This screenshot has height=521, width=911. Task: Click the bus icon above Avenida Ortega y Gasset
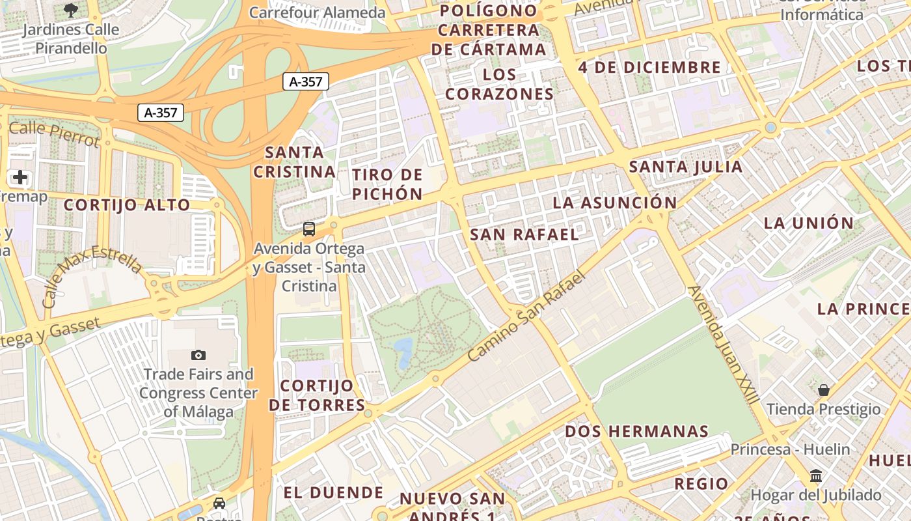pos(309,229)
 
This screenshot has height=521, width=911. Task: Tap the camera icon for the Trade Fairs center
pos(198,355)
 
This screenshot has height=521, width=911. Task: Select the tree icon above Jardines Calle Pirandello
pos(71,10)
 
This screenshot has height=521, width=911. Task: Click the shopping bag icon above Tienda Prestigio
pos(824,390)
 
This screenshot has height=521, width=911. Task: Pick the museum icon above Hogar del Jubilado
pos(816,475)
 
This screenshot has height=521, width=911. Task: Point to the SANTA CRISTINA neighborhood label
pos(294,162)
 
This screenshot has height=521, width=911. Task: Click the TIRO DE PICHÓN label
pos(387,184)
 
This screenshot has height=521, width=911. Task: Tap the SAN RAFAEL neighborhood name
pos(524,234)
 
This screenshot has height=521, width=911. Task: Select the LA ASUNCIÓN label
pos(614,203)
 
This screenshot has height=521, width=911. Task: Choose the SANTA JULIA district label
pos(685,167)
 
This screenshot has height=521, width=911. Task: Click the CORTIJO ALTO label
pos(127,205)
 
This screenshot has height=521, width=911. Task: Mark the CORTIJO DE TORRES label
pos(317,395)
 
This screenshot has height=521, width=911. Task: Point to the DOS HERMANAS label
pos(636,431)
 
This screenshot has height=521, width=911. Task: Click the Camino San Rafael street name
pos(527,317)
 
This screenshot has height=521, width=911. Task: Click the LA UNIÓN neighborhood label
pos(808,223)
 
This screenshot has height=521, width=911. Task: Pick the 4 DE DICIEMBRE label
pos(649,67)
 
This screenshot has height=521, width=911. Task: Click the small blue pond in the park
pos(403,350)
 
